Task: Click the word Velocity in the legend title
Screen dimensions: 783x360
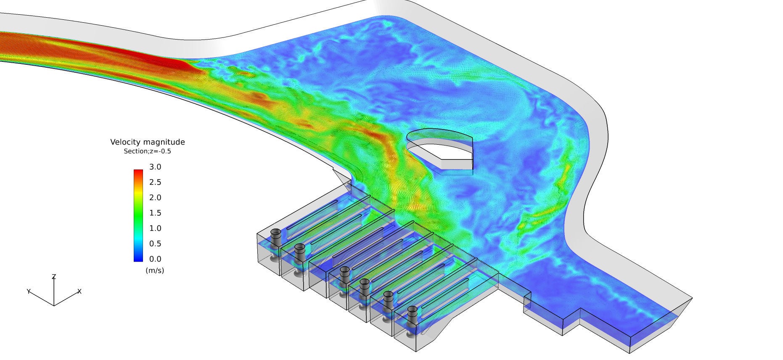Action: coord(125,142)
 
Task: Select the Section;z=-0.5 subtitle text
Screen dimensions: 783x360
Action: coord(147,151)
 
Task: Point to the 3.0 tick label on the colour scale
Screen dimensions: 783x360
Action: coord(155,167)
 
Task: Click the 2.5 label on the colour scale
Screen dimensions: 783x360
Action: coord(155,182)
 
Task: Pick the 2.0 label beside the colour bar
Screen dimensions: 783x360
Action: coord(155,198)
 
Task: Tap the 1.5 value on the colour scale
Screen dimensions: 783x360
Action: coord(155,213)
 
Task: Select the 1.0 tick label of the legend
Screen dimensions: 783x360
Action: coord(155,228)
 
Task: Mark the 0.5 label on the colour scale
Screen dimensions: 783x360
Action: coord(155,244)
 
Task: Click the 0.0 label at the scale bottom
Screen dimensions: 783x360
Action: coord(155,259)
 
